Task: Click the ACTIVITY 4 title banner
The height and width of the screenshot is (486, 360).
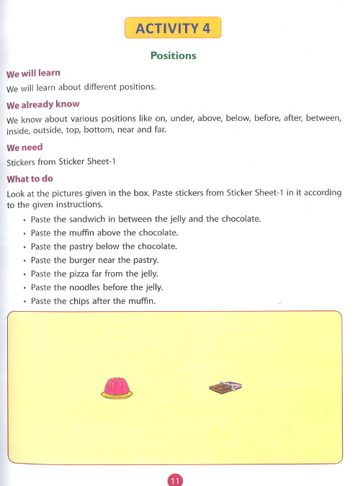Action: pos(173,28)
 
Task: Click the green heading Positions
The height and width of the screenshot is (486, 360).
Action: pos(173,55)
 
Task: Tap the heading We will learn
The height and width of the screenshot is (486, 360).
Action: pos(33,73)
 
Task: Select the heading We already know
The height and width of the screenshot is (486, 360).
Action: pos(42,104)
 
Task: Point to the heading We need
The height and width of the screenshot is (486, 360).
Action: pos(24,148)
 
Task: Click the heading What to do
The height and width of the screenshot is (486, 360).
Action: pos(30,179)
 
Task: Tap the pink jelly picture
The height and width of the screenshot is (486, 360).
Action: pos(117,387)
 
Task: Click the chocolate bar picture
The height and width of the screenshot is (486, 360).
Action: pos(225,387)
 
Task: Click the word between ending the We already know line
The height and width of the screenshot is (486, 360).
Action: pos(322,118)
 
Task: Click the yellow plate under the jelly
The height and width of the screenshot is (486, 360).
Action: pos(117,395)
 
